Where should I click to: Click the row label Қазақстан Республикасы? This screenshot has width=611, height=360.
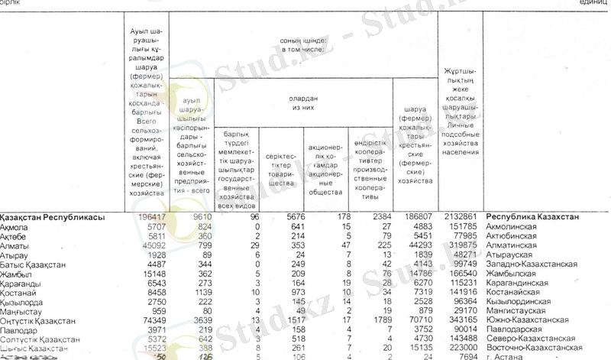tap(52, 217)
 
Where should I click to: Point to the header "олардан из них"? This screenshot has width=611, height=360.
tap(302, 103)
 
